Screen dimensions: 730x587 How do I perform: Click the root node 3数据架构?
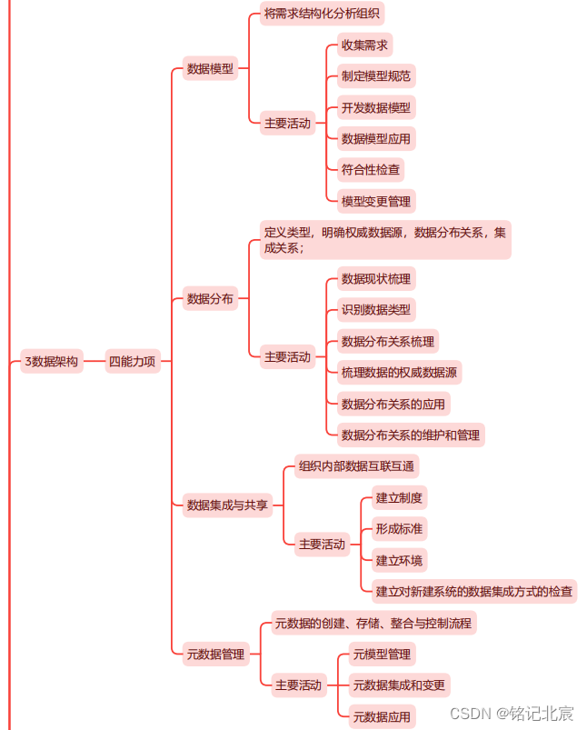pyautogui.click(x=51, y=362)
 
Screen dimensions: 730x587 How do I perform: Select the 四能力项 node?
pyautogui.click(x=132, y=362)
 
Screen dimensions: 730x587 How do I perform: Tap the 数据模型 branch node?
pyautogui.click(x=210, y=68)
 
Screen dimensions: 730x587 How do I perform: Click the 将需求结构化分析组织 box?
pyautogui.click(x=323, y=14)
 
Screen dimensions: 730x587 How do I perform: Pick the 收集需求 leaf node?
pyautogui.click(x=365, y=45)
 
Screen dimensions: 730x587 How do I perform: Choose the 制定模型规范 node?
pyautogui.click(x=375, y=76)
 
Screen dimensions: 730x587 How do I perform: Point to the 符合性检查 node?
pyautogui.click(x=370, y=169)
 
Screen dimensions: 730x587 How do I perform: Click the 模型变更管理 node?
pyautogui.click(x=375, y=201)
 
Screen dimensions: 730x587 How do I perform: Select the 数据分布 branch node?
pyautogui.click(x=210, y=298)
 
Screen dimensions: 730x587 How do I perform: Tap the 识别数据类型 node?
pyautogui.click(x=375, y=310)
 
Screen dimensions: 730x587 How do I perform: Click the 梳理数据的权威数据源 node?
pyautogui.click(x=399, y=372)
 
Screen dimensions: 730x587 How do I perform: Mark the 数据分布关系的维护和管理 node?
pyautogui.click(x=410, y=435)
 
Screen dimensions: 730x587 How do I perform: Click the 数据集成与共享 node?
pyautogui.click(x=227, y=505)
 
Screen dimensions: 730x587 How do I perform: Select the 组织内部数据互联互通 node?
pyautogui.click(x=356, y=467)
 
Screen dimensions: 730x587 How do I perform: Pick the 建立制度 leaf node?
pyautogui.click(x=399, y=497)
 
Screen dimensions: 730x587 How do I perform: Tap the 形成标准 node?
pyautogui.click(x=399, y=529)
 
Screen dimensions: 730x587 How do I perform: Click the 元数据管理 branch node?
pyautogui.click(x=215, y=654)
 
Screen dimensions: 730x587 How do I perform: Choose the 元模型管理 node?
pyautogui.click(x=382, y=654)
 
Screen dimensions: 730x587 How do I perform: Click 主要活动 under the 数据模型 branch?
pyautogui.click(x=287, y=124)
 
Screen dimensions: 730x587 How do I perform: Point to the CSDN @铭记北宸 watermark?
pyautogui.click(x=512, y=712)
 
